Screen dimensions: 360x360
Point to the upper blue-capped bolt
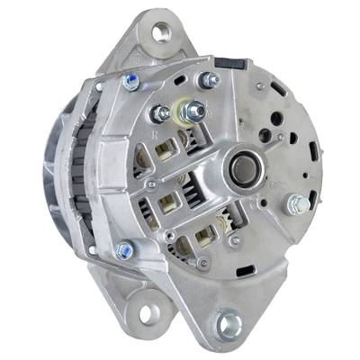[132, 83]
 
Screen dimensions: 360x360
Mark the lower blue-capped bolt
[123, 249]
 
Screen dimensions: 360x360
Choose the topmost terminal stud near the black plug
[211, 80]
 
